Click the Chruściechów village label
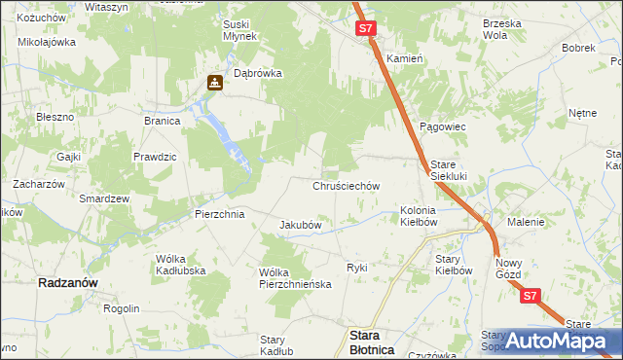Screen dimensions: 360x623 click(346, 185)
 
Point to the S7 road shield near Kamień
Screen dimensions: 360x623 click(365, 29)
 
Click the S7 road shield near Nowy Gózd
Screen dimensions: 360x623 click(530, 296)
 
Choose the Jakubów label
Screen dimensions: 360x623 click(301, 225)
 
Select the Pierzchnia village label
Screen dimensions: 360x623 click(219, 213)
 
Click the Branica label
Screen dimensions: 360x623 click(163, 122)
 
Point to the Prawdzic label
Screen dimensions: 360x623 click(155, 157)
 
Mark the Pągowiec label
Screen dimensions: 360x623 click(443, 127)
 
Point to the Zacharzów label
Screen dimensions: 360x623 click(38, 184)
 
